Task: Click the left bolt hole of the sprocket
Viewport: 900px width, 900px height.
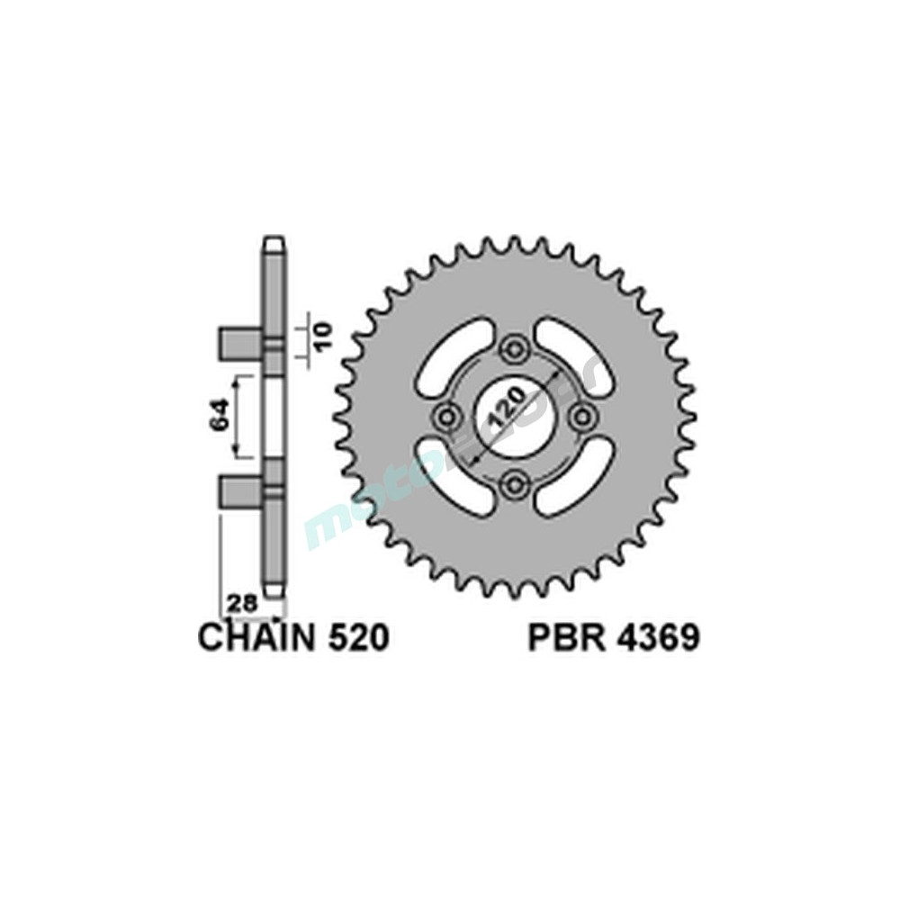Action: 445,417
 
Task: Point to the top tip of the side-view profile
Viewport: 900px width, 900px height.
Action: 274,242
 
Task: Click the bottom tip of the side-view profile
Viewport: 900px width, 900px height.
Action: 274,591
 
